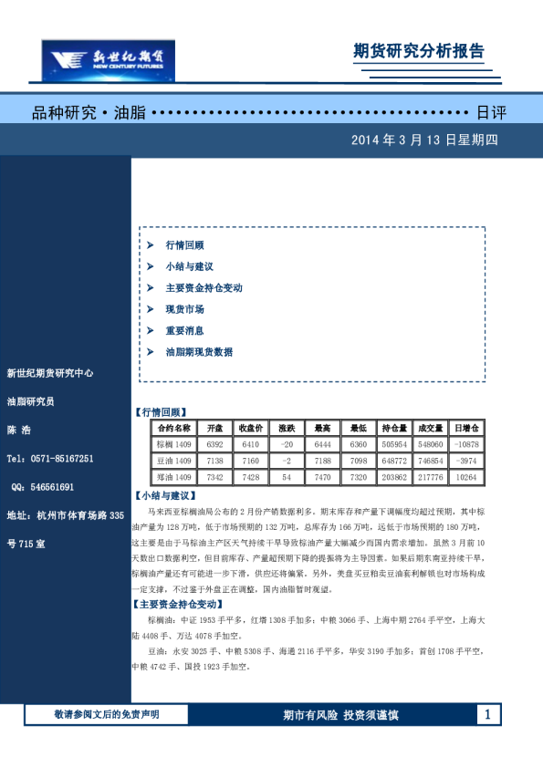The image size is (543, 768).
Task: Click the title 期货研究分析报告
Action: (x=419, y=51)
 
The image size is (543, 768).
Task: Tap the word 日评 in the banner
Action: (x=491, y=113)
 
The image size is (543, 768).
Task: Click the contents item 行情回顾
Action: (x=184, y=245)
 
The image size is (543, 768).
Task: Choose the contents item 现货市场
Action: (x=184, y=309)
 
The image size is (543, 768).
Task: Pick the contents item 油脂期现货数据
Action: (x=199, y=351)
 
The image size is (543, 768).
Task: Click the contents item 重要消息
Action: (x=184, y=330)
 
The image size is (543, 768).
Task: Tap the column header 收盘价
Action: (x=251, y=428)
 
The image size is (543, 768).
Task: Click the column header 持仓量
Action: (x=394, y=428)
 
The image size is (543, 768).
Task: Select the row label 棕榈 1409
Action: (x=172, y=444)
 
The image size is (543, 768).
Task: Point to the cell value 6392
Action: (x=214, y=444)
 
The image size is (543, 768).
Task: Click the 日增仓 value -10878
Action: (x=465, y=444)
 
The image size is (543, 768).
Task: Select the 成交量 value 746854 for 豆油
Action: (x=430, y=461)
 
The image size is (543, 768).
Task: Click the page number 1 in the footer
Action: (x=489, y=714)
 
